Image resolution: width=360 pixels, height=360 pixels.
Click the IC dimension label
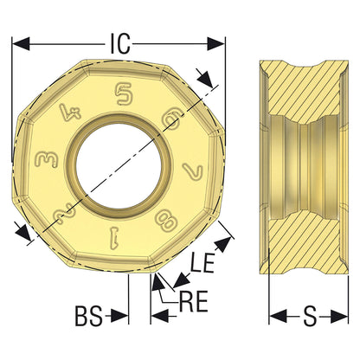[x=120, y=44]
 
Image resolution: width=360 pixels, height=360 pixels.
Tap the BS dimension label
[x=89, y=317]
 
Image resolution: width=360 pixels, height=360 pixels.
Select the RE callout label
[x=194, y=302]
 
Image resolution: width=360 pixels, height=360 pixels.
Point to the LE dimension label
[x=203, y=263]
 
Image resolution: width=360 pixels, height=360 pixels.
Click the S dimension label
[x=310, y=317]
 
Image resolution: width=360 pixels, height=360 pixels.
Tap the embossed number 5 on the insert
[x=124, y=93]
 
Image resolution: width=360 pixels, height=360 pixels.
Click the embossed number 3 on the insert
[x=47, y=160]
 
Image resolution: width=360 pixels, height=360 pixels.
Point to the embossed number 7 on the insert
[x=192, y=172]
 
